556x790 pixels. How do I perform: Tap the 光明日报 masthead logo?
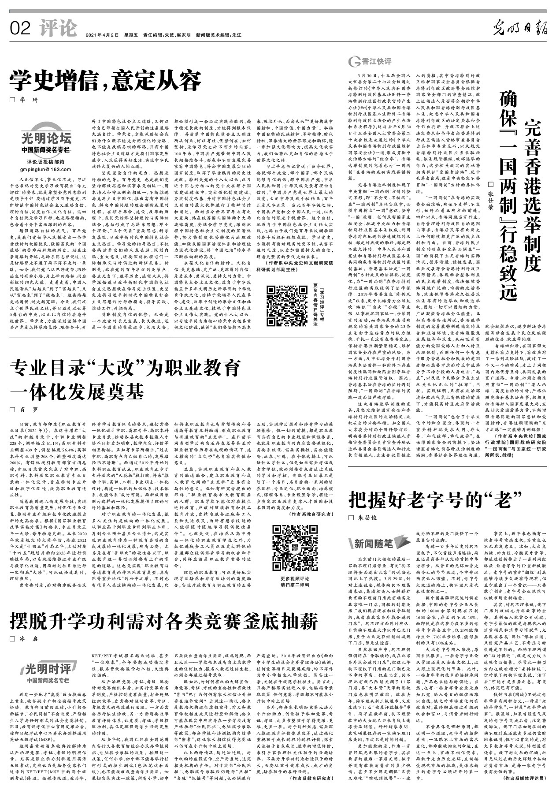click(519, 30)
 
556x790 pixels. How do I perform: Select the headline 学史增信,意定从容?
click(106, 81)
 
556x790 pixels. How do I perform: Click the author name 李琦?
click(29, 101)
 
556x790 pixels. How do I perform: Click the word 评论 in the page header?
click(58, 29)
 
